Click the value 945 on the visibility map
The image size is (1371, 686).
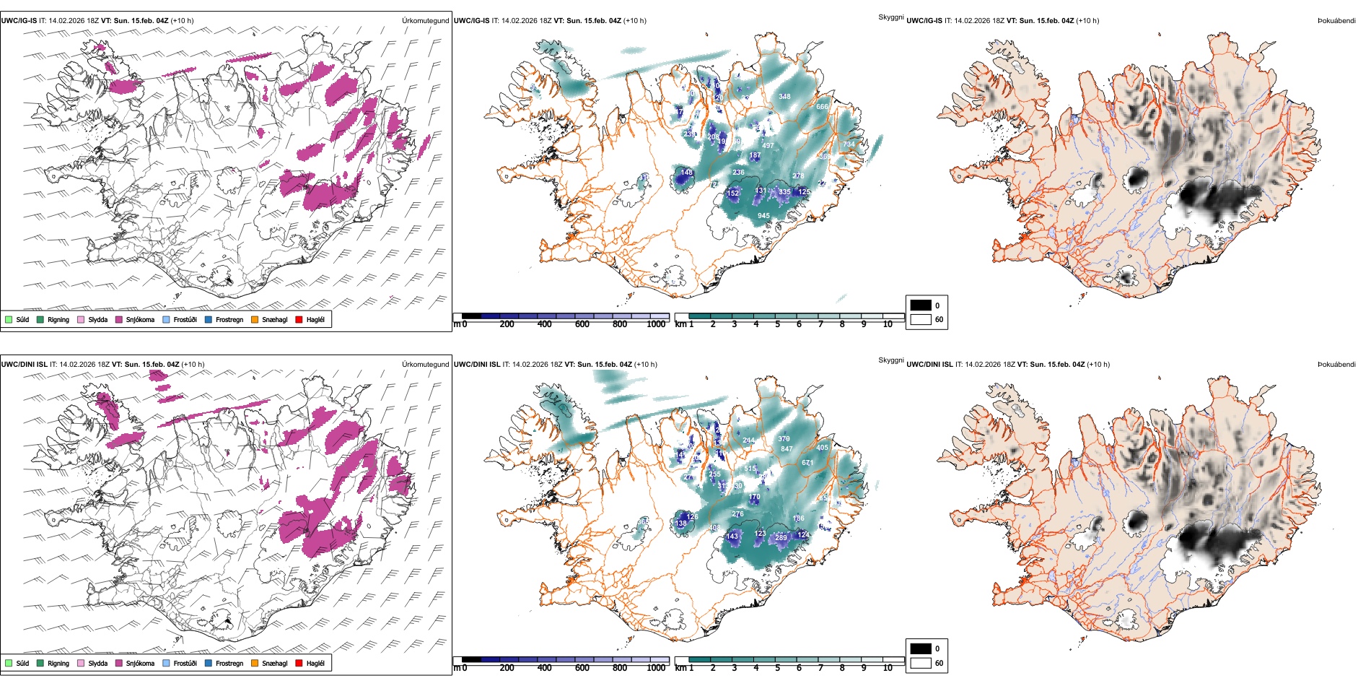tap(763, 215)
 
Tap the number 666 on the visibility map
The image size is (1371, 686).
tap(822, 106)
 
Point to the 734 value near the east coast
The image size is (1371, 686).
tap(849, 144)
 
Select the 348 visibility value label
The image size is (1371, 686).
tap(784, 96)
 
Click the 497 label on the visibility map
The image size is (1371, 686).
tap(768, 145)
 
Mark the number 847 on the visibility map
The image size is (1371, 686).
tap(787, 448)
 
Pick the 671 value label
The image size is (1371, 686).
tap(807, 463)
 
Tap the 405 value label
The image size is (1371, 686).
tap(822, 447)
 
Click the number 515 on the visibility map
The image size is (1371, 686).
tap(750, 469)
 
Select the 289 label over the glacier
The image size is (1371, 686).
tap(781, 537)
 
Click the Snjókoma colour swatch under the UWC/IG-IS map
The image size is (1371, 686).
tap(119, 319)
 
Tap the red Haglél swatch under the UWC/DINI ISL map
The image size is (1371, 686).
tap(299, 663)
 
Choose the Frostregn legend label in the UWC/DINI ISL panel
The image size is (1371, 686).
tap(229, 663)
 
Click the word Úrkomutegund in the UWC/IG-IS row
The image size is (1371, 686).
tap(425, 20)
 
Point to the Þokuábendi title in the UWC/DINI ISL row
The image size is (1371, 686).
tap(1336, 364)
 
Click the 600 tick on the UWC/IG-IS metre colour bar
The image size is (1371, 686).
tap(582, 324)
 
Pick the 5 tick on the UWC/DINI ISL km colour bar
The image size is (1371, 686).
tap(777, 668)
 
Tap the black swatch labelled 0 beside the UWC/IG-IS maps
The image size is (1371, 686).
tap(921, 305)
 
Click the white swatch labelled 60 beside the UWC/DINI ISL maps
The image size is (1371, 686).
tap(921, 663)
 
